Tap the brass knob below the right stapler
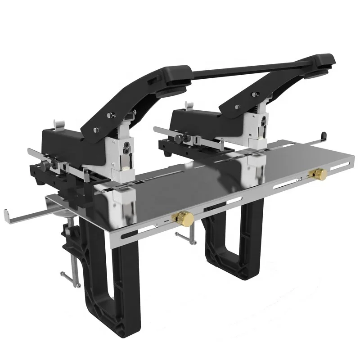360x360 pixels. pos(320,172)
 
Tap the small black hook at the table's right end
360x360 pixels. pos(323,135)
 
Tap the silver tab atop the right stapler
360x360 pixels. pos(189,105)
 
